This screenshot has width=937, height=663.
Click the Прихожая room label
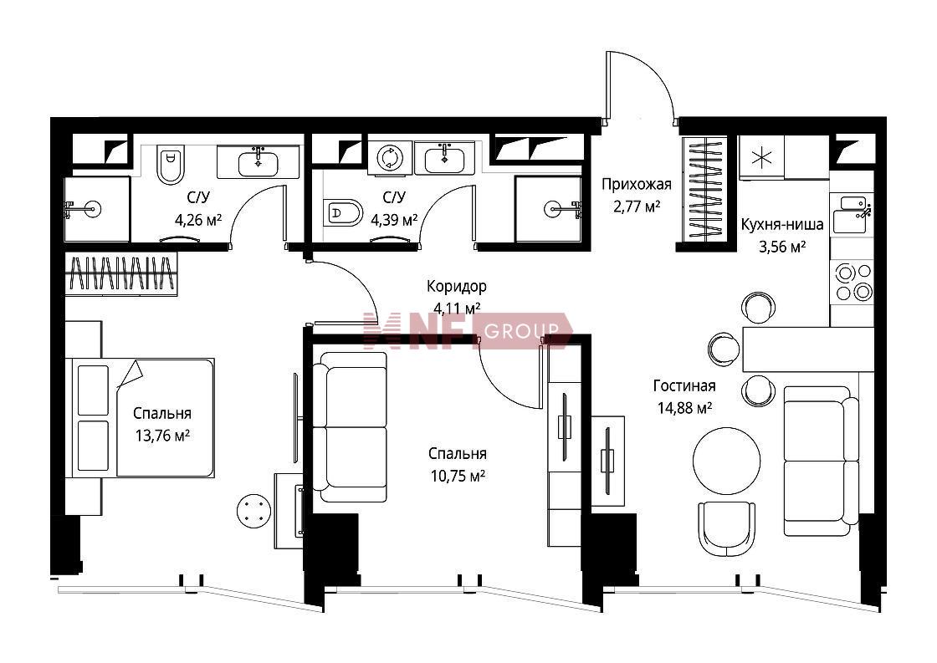[x=637, y=184]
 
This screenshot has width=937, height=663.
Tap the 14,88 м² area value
[x=684, y=409]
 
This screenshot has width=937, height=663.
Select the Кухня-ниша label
[x=781, y=224]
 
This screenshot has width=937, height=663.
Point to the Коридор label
[x=457, y=287]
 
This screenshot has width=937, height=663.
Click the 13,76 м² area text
[x=162, y=436]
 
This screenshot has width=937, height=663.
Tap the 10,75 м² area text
[x=457, y=476]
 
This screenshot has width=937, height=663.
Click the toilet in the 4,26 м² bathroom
[x=170, y=166]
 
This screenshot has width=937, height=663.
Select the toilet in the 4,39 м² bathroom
[x=343, y=212]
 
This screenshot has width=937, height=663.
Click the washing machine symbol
[x=390, y=157]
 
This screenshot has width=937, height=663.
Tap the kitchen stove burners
[x=854, y=281]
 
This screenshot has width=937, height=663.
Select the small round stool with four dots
[x=253, y=511]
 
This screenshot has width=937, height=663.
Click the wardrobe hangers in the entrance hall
[x=705, y=189]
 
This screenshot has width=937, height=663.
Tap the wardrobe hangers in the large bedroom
[x=122, y=273]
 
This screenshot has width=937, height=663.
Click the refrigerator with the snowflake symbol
[x=762, y=158]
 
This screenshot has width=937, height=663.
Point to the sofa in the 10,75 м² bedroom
[x=351, y=427]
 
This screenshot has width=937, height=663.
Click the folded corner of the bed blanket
[x=130, y=375]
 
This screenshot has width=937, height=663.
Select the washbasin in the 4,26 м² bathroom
[x=259, y=162]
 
